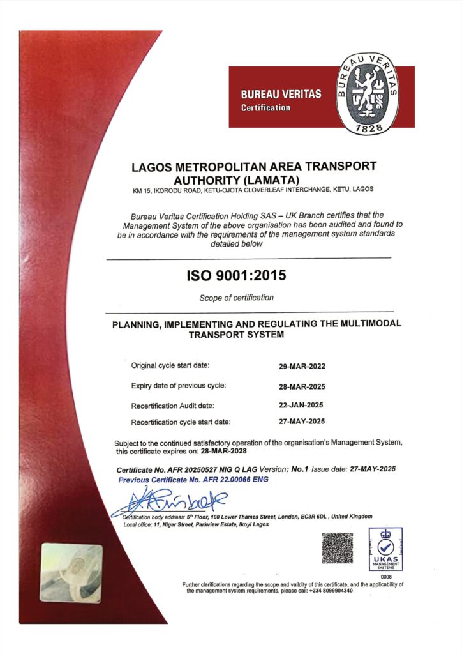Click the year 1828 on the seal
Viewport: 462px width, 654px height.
pos(368,128)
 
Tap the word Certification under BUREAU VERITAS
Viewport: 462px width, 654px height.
pos(265,107)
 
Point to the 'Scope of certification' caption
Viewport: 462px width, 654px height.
pos(237,298)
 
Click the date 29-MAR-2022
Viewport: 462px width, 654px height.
pos(302,367)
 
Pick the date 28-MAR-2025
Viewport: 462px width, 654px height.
pos(302,386)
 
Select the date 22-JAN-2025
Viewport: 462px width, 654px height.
pos(302,405)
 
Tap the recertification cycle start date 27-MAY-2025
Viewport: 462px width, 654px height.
pos(302,422)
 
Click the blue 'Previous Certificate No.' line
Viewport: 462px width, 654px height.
pos(194,479)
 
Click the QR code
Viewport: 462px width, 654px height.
pos(337,547)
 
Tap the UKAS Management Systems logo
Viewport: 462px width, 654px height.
pos(386,550)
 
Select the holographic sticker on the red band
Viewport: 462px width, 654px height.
pos(71,573)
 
